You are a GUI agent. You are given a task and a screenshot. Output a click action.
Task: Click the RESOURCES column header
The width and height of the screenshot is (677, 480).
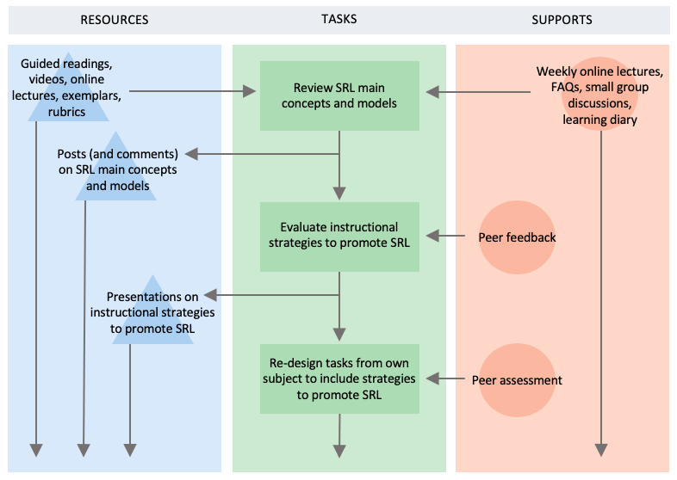pos(114,19)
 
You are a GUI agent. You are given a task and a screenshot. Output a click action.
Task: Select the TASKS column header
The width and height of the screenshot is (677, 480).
pos(338,19)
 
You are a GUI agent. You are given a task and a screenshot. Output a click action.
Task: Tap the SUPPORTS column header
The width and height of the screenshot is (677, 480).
pos(562,19)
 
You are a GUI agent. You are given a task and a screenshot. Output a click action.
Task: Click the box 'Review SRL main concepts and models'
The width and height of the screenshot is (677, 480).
pos(339,95)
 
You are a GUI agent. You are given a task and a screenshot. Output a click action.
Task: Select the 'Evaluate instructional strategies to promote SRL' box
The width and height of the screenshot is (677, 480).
pos(339,235)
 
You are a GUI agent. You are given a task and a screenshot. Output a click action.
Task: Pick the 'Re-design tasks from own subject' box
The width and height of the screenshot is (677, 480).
pos(339,378)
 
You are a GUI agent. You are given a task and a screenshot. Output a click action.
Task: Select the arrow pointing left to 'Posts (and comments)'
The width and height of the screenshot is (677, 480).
pos(258,154)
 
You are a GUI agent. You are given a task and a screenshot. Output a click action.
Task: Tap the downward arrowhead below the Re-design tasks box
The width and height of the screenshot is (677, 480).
pos(339,449)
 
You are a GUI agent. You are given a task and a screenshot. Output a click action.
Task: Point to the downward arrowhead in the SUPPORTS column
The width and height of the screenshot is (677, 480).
pos(600,449)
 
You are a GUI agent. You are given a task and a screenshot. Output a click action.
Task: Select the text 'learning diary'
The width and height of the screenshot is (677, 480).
pos(599,120)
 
